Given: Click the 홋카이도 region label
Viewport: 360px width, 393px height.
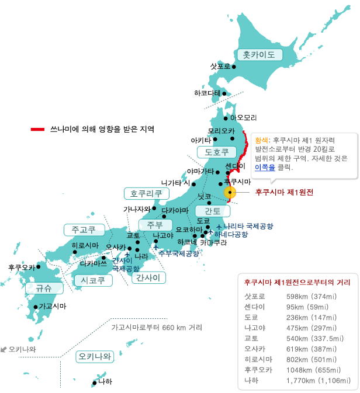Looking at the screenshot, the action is pos(259,55).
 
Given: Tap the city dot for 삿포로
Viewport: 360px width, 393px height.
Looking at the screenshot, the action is pos(234,67).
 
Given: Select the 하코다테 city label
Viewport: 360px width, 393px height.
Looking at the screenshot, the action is pos(207,93).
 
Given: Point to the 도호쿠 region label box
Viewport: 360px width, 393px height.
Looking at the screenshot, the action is pos(216,152).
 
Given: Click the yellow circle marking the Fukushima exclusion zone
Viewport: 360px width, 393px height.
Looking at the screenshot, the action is pos(229,192).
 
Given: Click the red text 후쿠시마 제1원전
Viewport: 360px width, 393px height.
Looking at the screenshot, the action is pos(285,192).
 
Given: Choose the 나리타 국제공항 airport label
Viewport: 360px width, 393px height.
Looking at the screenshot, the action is pos(248,226).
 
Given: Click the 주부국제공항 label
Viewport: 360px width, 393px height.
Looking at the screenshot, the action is pos(179,253).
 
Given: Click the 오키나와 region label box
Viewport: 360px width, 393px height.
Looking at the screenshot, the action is pos(94,356).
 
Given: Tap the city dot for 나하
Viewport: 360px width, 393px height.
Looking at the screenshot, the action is pos(94,382).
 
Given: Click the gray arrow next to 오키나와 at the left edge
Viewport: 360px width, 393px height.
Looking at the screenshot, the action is pos(4,349).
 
